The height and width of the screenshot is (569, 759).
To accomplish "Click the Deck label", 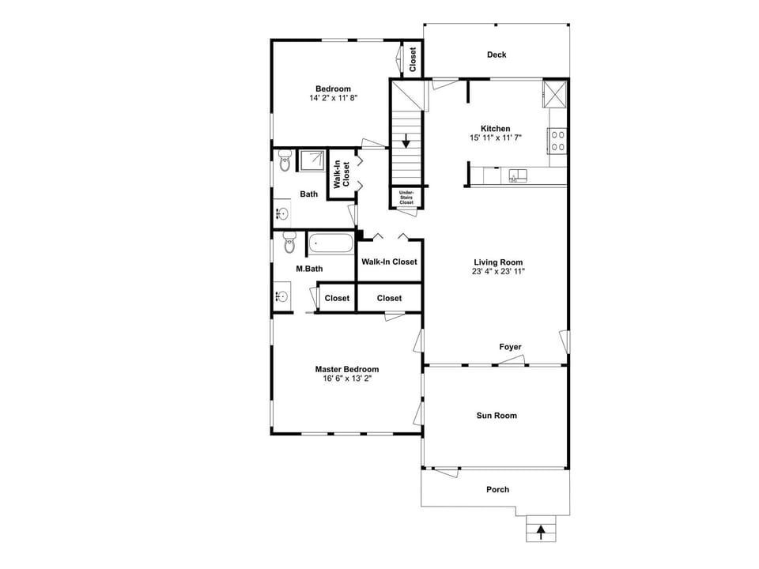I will click(497, 55).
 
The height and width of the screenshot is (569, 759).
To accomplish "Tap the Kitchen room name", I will click(496, 128).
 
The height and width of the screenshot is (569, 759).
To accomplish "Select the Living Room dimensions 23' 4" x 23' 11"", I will click(498, 271).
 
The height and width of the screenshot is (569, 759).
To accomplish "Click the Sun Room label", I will click(497, 415).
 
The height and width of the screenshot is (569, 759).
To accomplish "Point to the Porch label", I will click(497, 489).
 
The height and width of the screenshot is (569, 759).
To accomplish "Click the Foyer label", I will click(510, 347).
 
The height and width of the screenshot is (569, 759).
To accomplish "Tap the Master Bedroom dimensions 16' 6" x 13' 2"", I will click(346, 379).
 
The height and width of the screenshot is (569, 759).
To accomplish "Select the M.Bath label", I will click(309, 269).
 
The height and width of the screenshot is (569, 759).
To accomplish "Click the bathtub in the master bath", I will click(330, 243).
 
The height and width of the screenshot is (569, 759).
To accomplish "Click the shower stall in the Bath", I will click(311, 160).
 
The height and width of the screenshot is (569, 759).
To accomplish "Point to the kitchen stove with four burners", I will click(557, 141).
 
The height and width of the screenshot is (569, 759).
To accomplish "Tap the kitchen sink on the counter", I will click(518, 175).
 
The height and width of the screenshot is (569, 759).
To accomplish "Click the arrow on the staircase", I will click(406, 142).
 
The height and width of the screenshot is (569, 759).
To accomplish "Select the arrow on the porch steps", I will click(541, 532).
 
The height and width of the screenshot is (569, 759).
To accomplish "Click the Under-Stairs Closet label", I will click(406, 198).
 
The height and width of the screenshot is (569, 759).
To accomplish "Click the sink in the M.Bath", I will click(281, 297).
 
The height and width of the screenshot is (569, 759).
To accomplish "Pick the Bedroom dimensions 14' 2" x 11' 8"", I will click(333, 98).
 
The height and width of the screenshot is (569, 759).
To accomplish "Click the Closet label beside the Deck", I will click(413, 59).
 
